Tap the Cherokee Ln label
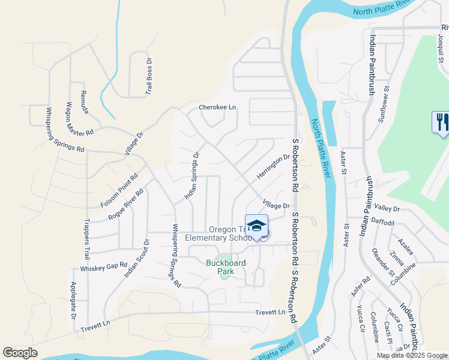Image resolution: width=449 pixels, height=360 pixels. [217, 107]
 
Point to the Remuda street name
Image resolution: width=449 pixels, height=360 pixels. [85, 103]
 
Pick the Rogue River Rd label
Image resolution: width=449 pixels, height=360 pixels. [125, 205]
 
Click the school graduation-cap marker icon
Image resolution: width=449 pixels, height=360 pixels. [256, 226]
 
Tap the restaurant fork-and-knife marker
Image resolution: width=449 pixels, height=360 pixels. [441, 122]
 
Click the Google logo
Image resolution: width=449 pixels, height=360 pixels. [20, 353]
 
